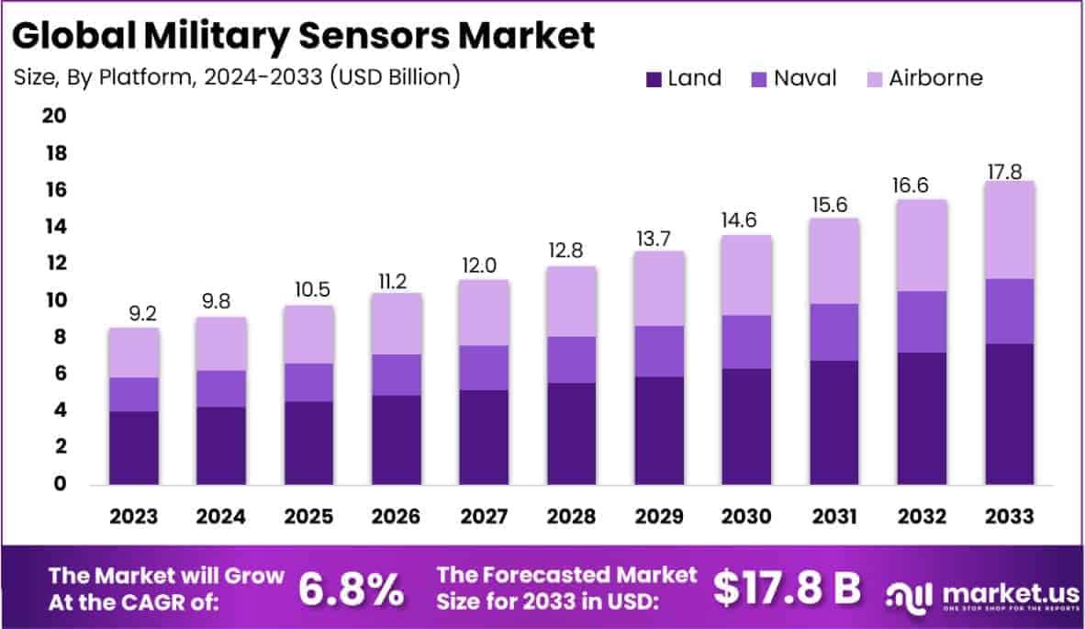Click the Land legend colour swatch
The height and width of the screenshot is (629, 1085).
(x=654, y=79)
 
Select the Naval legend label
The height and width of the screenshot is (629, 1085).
(x=805, y=78)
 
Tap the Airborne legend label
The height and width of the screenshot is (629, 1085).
(x=935, y=78)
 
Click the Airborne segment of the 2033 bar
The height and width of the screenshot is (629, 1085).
(x=1010, y=230)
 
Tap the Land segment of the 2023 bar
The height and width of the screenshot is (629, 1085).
(x=134, y=447)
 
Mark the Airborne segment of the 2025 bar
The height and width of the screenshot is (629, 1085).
(x=308, y=334)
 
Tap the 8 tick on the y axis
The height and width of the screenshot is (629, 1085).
(x=61, y=337)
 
